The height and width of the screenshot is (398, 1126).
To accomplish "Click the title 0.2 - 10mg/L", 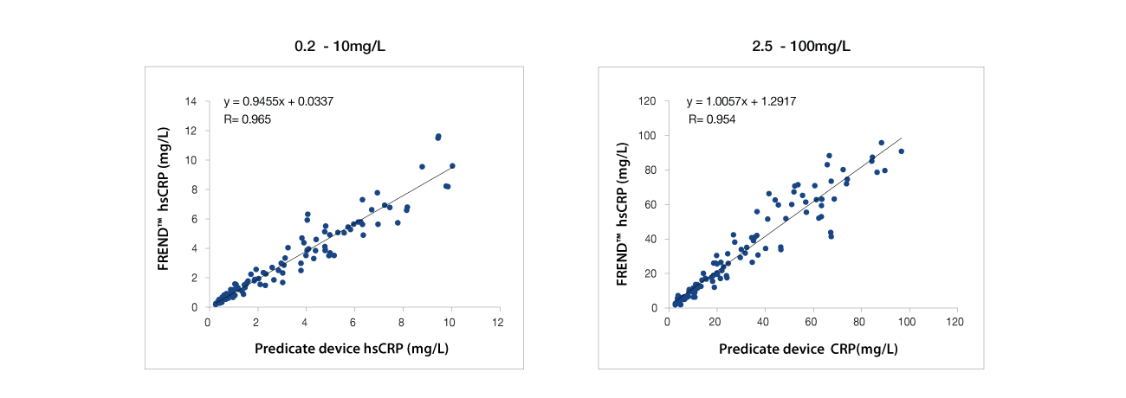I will coord(340,46).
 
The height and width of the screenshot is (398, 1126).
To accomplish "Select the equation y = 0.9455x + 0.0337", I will coord(279,102).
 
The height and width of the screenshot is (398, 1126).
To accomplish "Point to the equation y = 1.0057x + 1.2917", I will coord(741,102).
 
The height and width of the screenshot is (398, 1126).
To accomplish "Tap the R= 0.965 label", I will coord(248,119).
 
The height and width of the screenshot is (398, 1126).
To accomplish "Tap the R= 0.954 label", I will coord(711,119).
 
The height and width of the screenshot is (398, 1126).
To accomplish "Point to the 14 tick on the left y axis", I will coord(192,102).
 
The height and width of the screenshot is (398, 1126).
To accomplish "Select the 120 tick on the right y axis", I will coord(649,102).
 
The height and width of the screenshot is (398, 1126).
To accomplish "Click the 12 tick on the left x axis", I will coord(497,322).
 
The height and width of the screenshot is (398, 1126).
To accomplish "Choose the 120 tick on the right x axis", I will coord(955,322).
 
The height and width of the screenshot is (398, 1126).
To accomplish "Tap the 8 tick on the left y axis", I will coord(195,190).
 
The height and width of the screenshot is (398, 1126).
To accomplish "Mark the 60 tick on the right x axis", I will coord(811,322).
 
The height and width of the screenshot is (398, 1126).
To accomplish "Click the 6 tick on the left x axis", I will coord(353,322).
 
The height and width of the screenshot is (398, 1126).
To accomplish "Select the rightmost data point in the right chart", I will coord(901,151).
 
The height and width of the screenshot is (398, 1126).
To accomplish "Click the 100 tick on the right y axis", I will coord(649,137).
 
